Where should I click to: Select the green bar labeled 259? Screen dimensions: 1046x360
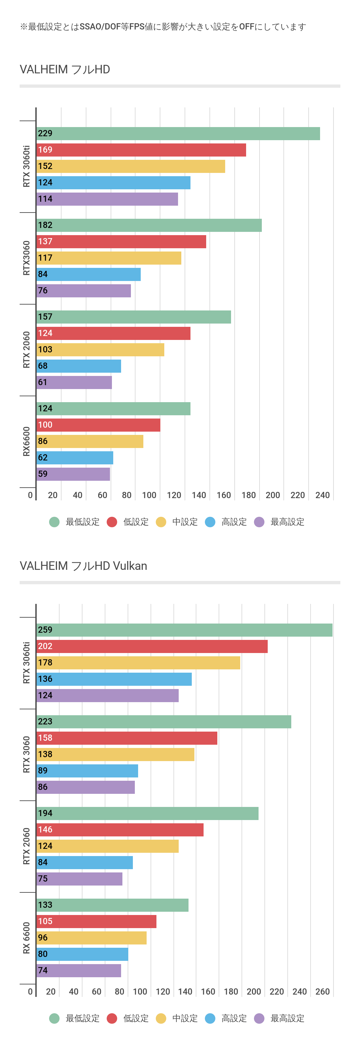point(184,630)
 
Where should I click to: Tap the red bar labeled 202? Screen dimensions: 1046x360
point(152,646)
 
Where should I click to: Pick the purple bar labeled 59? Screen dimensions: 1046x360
point(73,474)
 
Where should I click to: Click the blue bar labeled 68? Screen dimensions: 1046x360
point(79,366)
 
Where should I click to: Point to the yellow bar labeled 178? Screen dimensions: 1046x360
point(138,663)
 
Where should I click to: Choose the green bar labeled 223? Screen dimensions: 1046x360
point(164,721)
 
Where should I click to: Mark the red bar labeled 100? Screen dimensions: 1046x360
point(98,425)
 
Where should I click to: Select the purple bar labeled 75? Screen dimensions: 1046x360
point(79,879)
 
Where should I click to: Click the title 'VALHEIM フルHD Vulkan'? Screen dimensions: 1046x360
point(83,566)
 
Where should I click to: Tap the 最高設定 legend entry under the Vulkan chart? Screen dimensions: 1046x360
point(279,1018)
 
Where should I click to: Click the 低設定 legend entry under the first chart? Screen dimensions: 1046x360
point(128,522)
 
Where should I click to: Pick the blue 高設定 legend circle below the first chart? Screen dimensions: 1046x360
point(210,522)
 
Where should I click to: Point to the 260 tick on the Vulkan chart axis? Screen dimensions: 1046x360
point(322,991)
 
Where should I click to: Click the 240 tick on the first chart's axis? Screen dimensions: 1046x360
point(322,495)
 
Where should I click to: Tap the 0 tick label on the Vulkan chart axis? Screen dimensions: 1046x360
point(30,991)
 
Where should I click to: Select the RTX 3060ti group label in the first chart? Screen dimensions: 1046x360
point(27,166)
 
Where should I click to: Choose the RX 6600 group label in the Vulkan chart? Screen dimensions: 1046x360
point(27,938)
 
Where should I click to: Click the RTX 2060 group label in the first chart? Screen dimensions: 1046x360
point(27,350)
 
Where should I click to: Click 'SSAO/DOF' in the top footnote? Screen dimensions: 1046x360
point(100,27)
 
